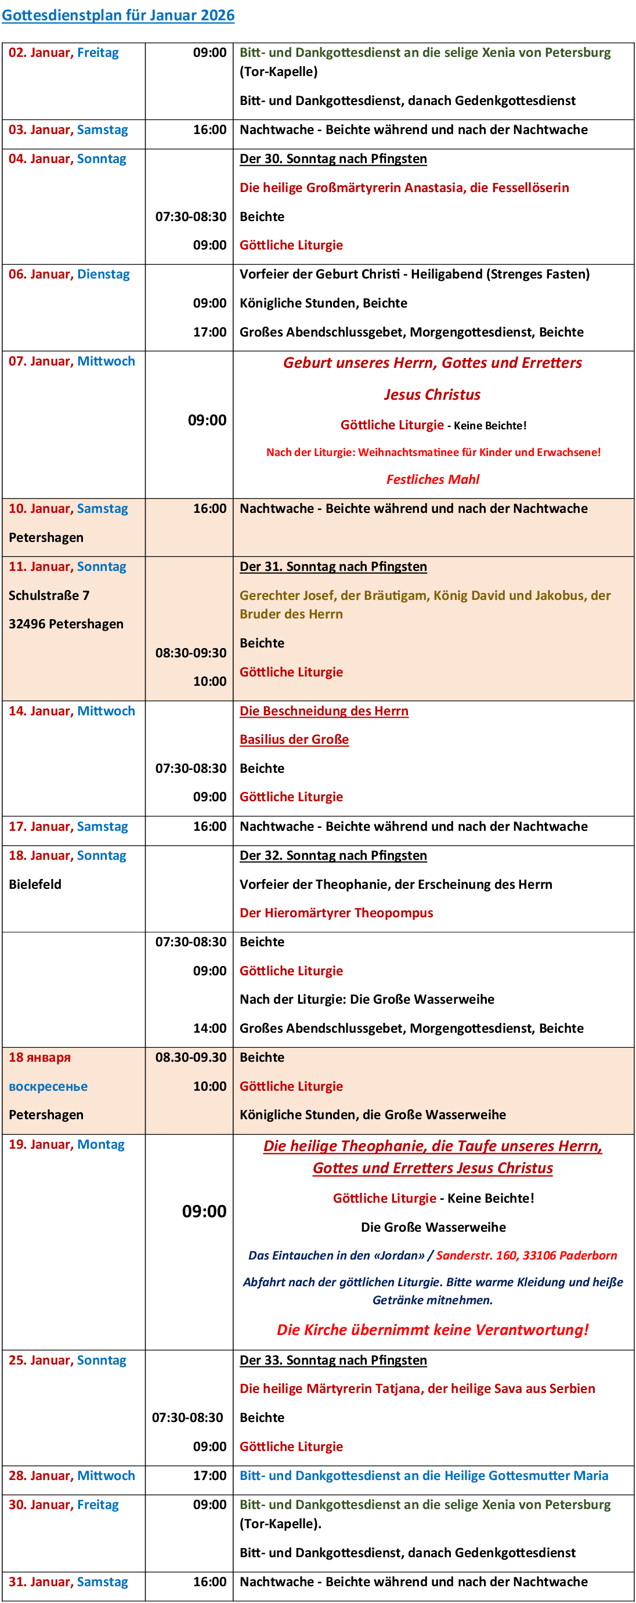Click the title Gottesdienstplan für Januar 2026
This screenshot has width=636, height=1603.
click(118, 15)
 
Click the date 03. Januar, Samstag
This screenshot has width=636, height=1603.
click(68, 129)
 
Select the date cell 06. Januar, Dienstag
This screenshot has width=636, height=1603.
click(69, 274)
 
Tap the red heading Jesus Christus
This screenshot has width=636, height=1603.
click(432, 395)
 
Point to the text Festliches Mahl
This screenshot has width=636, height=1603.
click(432, 479)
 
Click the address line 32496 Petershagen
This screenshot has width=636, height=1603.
click(66, 624)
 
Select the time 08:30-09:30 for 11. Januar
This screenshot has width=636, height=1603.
click(190, 653)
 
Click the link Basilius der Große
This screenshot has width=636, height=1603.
click(294, 739)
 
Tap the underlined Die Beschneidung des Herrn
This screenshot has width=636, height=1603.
click(324, 711)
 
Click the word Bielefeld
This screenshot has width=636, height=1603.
click(35, 884)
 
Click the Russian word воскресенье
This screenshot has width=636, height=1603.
click(48, 1086)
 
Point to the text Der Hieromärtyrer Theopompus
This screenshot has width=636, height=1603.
click(336, 913)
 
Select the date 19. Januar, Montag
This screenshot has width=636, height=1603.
click(67, 1144)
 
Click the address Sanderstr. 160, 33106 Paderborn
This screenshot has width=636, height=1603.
click(526, 1255)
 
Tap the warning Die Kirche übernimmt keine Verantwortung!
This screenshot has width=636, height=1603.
click(432, 1330)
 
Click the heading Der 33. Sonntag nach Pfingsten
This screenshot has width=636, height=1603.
click(333, 1360)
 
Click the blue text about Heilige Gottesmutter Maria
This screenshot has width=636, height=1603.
click(424, 1475)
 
